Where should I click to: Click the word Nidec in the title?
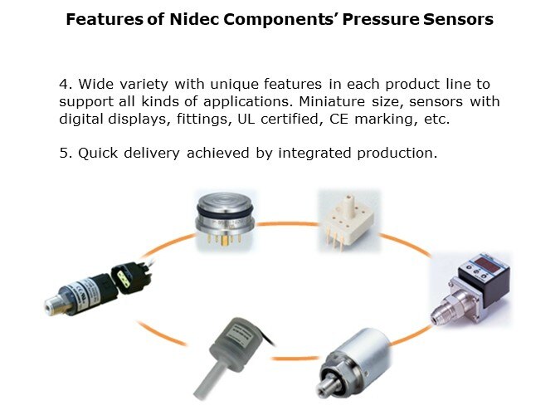click(194, 19)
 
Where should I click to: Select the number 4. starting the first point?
click(66, 85)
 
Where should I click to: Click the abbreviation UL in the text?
click(246, 119)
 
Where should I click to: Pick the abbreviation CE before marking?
click(338, 119)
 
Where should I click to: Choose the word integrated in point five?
click(314, 154)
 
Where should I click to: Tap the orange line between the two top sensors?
click(287, 224)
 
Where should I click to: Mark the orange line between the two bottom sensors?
click(295, 358)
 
